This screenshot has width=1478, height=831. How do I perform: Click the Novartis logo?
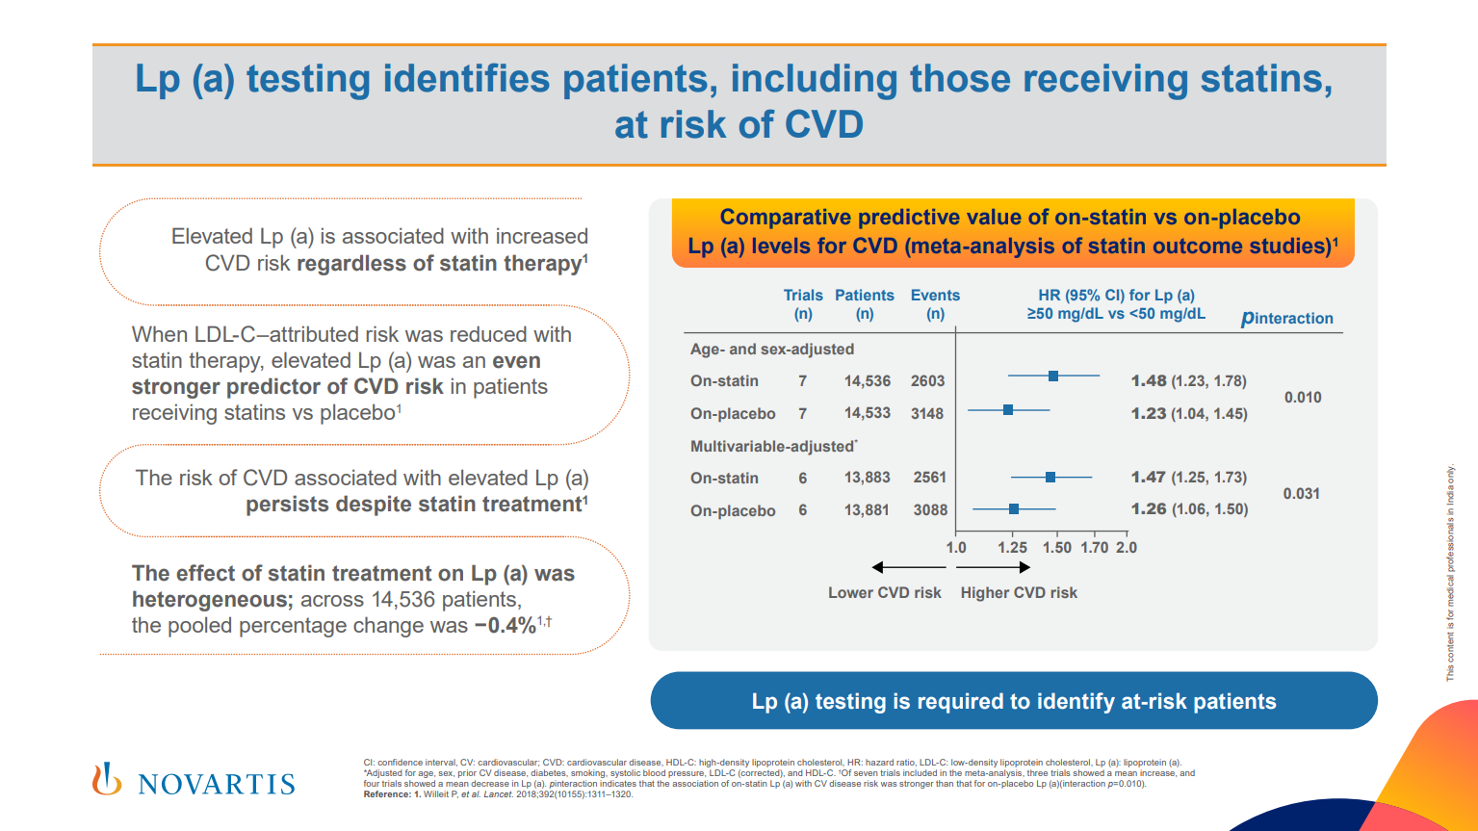click(x=194, y=781)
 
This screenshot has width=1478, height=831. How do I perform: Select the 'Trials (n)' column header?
click(x=803, y=304)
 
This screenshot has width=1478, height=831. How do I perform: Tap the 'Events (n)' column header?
click(x=935, y=304)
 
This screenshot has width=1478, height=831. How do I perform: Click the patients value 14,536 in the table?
click(x=868, y=381)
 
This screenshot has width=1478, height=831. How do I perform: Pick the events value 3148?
click(x=927, y=414)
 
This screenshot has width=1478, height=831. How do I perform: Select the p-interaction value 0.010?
click(x=1303, y=398)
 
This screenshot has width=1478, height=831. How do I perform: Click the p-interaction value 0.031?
click(x=1301, y=494)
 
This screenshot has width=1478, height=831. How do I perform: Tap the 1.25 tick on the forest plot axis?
click(x=1012, y=547)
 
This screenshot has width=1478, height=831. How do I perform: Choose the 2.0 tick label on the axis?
click(x=1127, y=547)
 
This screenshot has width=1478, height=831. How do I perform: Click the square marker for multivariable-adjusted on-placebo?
click(x=1014, y=508)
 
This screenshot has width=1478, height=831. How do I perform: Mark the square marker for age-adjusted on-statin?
click(x=1053, y=376)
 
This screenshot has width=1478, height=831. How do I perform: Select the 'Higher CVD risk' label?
click(x=1019, y=593)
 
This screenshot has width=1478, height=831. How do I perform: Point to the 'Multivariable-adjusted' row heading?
click(x=772, y=447)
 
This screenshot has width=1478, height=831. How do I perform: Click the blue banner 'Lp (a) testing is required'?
click(x=1014, y=701)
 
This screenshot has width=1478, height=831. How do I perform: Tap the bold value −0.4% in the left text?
click(x=505, y=626)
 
